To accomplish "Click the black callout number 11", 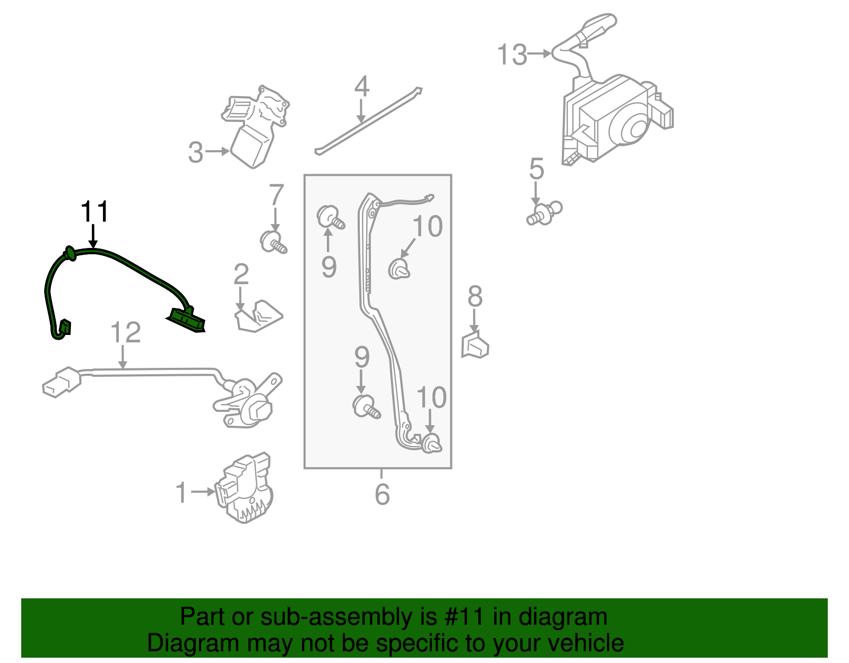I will tap(94, 212).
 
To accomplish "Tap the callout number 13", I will tap(512, 55).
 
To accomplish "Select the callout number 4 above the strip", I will tap(361, 87).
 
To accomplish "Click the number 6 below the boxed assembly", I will tap(382, 494).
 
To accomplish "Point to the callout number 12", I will tap(126, 333).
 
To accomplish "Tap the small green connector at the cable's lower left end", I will tap(64, 328).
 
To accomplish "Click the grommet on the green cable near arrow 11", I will tap(69, 254).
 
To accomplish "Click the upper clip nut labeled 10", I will tap(398, 269).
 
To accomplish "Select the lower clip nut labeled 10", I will tap(431, 443).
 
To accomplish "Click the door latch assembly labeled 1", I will tap(244, 488).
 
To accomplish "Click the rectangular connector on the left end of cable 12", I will tap(62, 382).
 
